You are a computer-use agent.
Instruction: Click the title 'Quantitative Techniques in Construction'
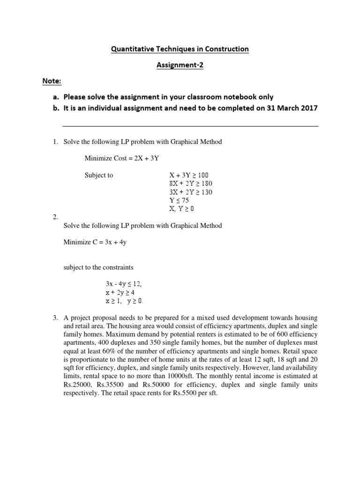tap(180, 49)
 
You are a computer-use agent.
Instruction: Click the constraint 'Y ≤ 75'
tap(179, 200)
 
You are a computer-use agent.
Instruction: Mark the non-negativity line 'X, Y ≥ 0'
tap(181, 208)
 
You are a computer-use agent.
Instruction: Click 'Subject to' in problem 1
tap(98, 175)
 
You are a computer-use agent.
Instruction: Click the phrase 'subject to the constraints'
tap(98, 268)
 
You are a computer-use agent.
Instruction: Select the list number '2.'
tap(55, 217)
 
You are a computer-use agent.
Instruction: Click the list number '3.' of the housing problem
tap(55, 318)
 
